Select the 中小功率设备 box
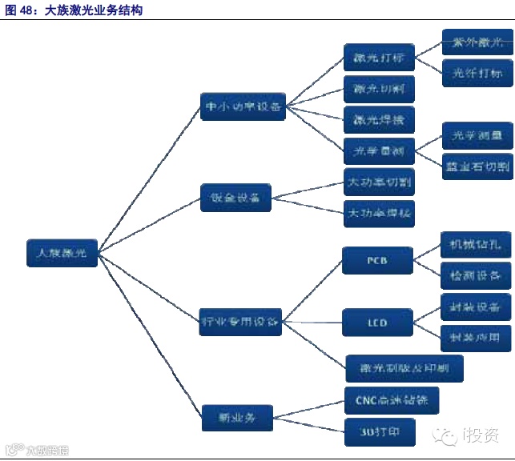(x=243, y=106)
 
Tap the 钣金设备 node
(x=235, y=197)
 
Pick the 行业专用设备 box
(x=239, y=323)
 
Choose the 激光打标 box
(x=379, y=58)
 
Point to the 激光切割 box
(x=379, y=88)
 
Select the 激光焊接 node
(x=379, y=120)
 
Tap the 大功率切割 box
(x=379, y=182)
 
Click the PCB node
(x=377, y=261)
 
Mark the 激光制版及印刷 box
(x=404, y=368)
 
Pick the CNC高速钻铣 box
(x=392, y=400)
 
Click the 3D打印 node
(x=379, y=432)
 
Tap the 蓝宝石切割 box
(x=477, y=166)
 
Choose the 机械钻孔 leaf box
(x=476, y=245)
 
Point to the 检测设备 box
(x=476, y=276)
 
